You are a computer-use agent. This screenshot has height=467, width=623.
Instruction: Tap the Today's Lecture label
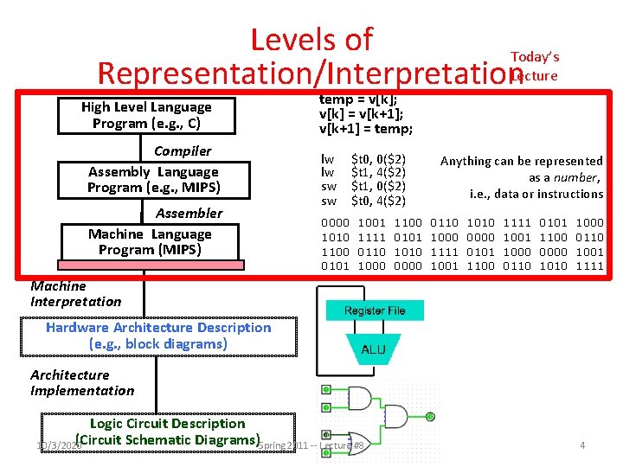535,66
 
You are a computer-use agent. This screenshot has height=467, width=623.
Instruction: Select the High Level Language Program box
146,115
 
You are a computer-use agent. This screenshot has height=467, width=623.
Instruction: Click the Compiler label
183,151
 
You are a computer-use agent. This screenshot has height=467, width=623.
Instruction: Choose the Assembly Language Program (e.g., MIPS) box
154,180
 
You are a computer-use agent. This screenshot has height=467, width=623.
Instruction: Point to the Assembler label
189,214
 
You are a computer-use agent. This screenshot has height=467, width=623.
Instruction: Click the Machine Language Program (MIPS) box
150,242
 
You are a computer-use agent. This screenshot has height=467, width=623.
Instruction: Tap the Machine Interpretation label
76,294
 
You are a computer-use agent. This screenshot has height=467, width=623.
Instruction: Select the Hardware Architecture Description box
158,336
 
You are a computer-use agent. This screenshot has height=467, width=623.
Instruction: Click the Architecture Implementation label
82,382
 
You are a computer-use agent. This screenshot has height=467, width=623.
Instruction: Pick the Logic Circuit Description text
168,424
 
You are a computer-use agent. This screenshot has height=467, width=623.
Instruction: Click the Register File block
374,310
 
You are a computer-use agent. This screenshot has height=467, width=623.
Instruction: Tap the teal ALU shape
374,350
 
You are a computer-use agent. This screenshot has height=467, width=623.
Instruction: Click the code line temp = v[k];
358,99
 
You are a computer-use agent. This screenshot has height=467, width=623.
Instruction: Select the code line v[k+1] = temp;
366,129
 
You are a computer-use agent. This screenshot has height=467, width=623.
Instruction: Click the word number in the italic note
582,177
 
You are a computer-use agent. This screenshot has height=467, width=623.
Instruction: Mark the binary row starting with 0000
463,223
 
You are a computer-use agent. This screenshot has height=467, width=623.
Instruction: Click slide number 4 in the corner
582,445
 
